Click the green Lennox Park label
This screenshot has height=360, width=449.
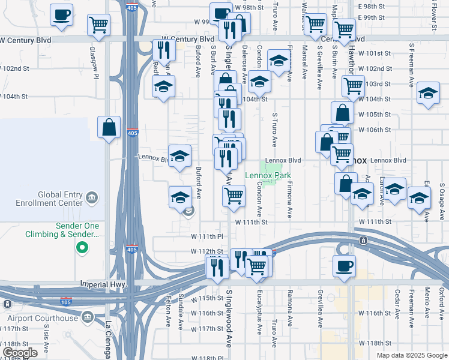267,176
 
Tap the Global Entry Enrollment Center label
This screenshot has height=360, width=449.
60,199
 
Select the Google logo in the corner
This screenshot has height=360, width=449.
19,353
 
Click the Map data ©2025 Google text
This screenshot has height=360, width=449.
411,355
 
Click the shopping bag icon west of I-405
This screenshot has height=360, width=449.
109,127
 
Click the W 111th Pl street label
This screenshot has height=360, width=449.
207,237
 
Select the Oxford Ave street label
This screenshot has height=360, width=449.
442,301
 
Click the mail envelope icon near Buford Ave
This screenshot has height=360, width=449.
188,211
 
